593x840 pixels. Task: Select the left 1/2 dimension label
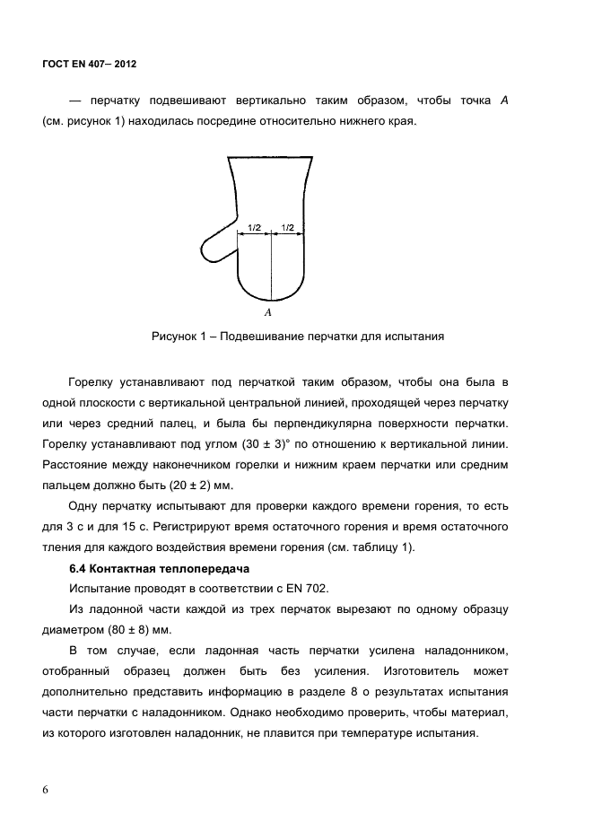click(255, 228)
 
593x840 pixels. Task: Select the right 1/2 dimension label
click(288, 228)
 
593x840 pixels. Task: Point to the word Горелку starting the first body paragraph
click(93, 382)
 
